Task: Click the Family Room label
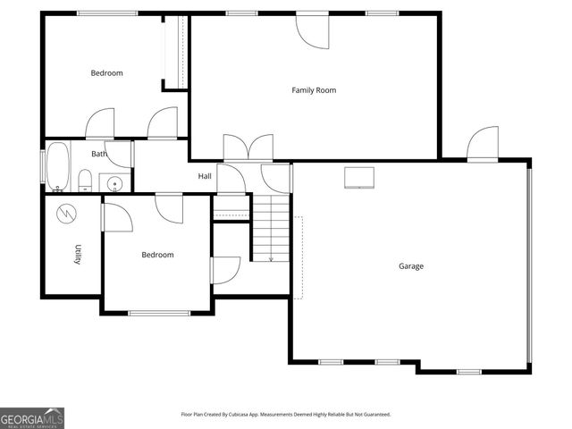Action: pyautogui.click(x=314, y=90)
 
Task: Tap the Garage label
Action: pyautogui.click(x=411, y=266)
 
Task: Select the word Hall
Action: pyautogui.click(x=205, y=176)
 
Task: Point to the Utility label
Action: pyautogui.click(x=79, y=255)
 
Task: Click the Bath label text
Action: pyautogui.click(x=98, y=154)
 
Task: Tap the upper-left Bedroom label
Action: pyautogui.click(x=106, y=73)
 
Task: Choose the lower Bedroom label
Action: pyautogui.click(x=157, y=255)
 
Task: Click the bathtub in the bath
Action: pyautogui.click(x=58, y=168)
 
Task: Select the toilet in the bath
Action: pyautogui.click(x=85, y=182)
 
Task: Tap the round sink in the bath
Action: pyautogui.click(x=114, y=185)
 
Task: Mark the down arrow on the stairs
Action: pyautogui.click(x=271, y=258)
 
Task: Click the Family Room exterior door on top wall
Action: pyautogui.click(x=313, y=29)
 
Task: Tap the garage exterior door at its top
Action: pyautogui.click(x=483, y=143)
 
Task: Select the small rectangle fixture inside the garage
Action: pyautogui.click(x=359, y=177)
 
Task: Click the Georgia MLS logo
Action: pyautogui.click(x=32, y=417)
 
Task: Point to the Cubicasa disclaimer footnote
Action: pyautogui.click(x=286, y=414)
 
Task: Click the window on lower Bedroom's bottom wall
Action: pyautogui.click(x=159, y=313)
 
